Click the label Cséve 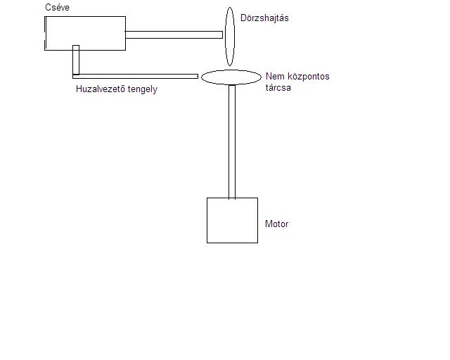[x=57, y=7]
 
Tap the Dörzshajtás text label [x=264, y=18]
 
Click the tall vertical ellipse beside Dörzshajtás [x=229, y=36]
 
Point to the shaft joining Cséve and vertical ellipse [x=174, y=34]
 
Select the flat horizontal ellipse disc [x=231, y=77]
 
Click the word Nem [x=274, y=76]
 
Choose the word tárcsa [x=279, y=88]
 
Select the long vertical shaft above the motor [x=231, y=141]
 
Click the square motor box [x=232, y=220]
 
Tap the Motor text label [x=276, y=224]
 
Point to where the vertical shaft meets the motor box [x=231, y=198]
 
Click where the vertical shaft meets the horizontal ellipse [x=231, y=85]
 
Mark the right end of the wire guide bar [x=196, y=76]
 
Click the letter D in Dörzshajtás [x=243, y=18]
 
